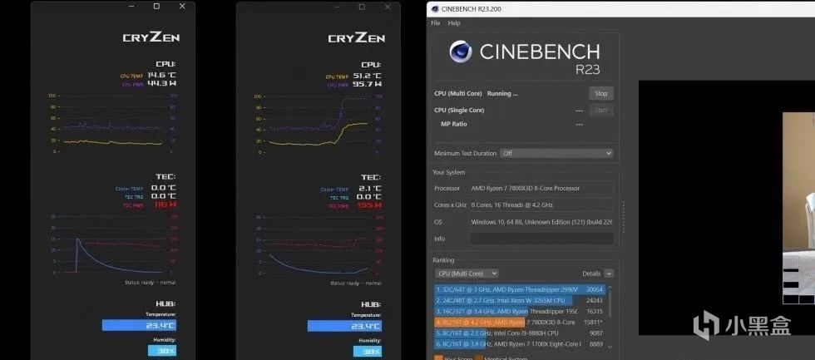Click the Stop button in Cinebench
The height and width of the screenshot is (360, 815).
tap(600, 93)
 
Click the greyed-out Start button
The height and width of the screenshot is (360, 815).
tap(600, 110)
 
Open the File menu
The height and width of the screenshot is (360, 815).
tap(435, 23)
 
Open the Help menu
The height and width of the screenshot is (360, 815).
tap(454, 23)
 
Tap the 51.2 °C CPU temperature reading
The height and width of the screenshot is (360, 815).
tap(367, 75)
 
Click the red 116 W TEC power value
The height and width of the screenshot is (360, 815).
tap(165, 205)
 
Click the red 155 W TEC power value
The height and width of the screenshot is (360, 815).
tap(370, 205)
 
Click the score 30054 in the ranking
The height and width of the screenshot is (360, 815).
tap(595, 289)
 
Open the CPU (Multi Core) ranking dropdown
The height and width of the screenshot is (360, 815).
tap(467, 274)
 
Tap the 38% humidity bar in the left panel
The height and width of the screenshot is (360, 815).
tap(162, 351)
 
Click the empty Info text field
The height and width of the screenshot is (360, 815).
tap(541, 239)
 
